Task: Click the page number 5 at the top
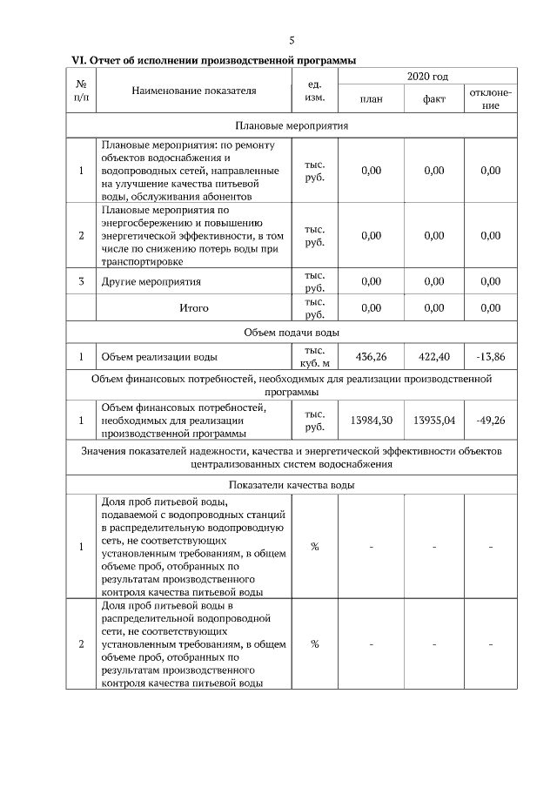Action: click(x=292, y=40)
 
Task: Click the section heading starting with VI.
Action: click(x=214, y=60)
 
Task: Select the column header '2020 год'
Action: click(x=427, y=77)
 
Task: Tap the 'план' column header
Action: click(x=371, y=99)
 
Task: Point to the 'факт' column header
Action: click(x=434, y=99)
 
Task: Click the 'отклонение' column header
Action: click(x=490, y=98)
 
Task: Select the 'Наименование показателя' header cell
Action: click(x=194, y=90)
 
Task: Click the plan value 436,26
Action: click(x=371, y=356)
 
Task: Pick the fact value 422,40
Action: click(x=434, y=356)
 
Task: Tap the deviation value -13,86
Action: click(x=490, y=356)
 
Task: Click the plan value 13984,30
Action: click(x=371, y=420)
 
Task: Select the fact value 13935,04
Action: click(x=434, y=420)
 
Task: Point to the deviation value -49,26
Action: click(x=490, y=420)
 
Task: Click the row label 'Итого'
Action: click(x=193, y=307)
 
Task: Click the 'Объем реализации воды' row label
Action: click(x=159, y=356)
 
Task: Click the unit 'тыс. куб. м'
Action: click(x=314, y=356)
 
